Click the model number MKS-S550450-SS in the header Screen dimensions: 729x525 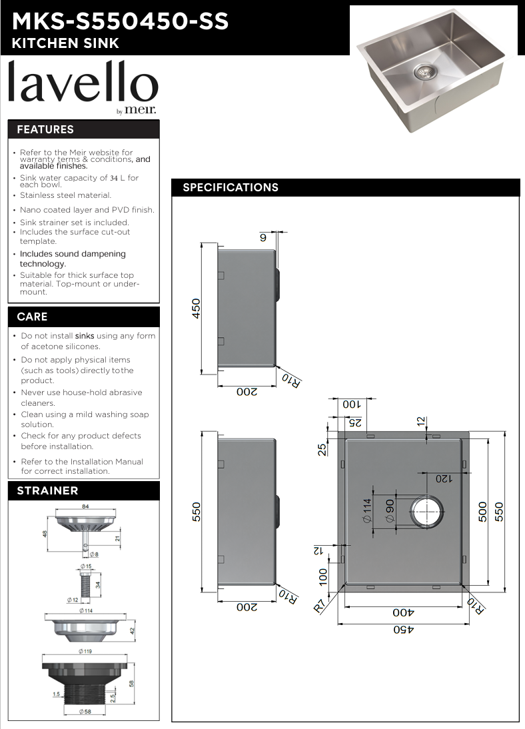[121, 21]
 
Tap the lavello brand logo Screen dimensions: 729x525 [83, 85]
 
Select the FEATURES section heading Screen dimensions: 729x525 [45, 129]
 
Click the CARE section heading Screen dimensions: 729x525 [32, 317]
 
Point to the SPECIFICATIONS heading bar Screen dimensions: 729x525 [231, 187]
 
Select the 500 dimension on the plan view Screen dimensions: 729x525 [482, 510]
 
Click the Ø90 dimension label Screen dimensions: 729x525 [390, 511]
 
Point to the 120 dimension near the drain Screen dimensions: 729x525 [444, 478]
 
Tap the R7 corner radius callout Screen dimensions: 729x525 [321, 606]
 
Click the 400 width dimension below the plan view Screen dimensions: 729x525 [402, 612]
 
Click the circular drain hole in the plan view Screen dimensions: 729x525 [426, 511]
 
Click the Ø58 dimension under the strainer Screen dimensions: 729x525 [85, 712]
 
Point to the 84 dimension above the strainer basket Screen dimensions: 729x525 [85, 506]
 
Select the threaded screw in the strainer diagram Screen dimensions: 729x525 [85, 584]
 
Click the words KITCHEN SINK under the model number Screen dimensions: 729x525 [66, 43]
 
